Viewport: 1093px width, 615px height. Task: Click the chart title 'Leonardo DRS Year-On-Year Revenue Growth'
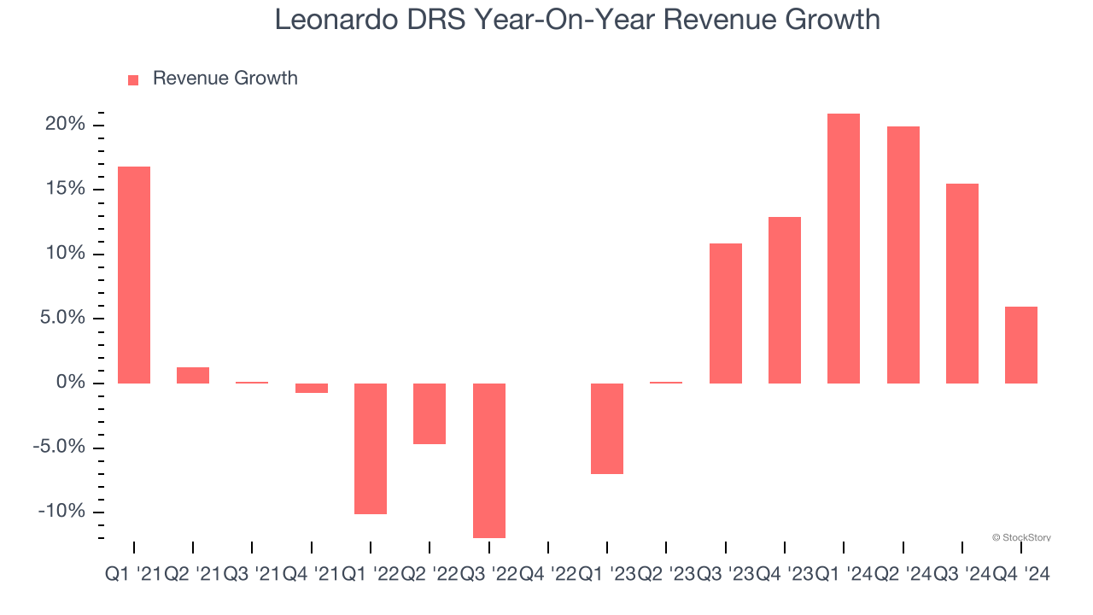577,20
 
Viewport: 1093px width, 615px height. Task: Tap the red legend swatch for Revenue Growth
133,79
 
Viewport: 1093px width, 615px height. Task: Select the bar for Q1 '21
134,274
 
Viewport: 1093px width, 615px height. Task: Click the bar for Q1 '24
844,248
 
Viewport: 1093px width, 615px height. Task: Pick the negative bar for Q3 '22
489,460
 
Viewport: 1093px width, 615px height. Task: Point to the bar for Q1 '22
371,448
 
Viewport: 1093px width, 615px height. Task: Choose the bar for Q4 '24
1021,344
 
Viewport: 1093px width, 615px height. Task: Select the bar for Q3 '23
726,313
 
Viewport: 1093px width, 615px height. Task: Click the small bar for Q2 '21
193,375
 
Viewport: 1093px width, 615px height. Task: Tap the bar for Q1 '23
607,428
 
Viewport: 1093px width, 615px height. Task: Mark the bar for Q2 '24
903,255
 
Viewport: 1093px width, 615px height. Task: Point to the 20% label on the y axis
66,125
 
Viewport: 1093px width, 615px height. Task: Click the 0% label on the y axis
71,383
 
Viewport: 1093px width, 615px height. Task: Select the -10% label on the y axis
62,512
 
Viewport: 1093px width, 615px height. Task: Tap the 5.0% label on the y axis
61,319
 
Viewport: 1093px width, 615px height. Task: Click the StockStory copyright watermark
1021,537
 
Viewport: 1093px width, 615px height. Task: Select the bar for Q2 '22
430,413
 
